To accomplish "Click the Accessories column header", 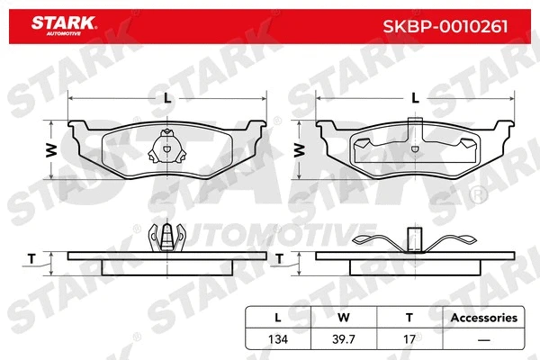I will [483, 317].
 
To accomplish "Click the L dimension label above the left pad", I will [167, 98].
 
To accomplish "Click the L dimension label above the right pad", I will [414, 98].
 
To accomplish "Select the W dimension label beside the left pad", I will [52, 148].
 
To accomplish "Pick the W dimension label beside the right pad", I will [300, 148].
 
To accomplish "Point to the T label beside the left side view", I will [32, 258].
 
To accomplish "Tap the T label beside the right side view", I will [280, 258].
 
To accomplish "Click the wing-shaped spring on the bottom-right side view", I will [414, 240].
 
